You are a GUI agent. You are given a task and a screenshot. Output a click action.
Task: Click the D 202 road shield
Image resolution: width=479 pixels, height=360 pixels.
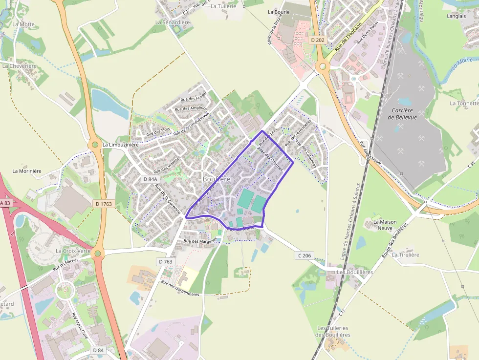317,40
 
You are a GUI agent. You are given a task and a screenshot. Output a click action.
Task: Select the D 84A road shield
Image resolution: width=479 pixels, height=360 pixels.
150,179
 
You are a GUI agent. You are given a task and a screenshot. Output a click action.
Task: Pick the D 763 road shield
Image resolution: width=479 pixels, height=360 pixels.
166,262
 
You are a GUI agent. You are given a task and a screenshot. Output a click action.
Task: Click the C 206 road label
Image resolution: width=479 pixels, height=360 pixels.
304,255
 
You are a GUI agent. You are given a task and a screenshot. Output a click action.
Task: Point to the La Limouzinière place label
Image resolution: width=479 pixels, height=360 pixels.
121,145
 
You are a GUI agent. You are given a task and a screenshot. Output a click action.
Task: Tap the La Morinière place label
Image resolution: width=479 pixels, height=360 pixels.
27,171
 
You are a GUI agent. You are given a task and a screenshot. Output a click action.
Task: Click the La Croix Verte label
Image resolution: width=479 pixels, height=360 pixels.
73,251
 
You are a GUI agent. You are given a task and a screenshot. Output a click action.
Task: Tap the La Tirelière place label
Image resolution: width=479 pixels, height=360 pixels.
406,255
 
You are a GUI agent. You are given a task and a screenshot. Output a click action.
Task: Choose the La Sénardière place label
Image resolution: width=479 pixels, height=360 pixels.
172,22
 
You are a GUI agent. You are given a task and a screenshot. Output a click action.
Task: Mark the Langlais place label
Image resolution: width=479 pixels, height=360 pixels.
456,16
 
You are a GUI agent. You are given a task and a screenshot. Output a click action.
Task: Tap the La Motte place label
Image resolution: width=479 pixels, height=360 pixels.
23,24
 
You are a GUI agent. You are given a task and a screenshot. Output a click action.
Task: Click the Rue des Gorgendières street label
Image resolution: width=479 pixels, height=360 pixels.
180,289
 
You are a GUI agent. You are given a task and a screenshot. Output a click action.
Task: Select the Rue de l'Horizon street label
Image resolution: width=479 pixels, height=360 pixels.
348,37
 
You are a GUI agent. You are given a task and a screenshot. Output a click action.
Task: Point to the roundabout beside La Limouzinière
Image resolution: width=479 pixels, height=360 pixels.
94,145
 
